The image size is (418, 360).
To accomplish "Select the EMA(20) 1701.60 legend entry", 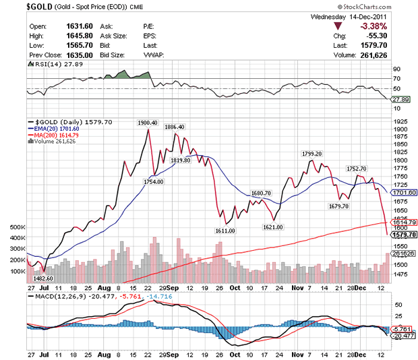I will pyautogui.click(x=54, y=127).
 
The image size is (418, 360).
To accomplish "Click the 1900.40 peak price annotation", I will pyautogui.click(x=147, y=123).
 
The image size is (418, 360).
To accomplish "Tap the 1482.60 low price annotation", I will pyautogui.click(x=42, y=278).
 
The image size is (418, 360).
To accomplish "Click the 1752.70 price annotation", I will pyautogui.click(x=356, y=169).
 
